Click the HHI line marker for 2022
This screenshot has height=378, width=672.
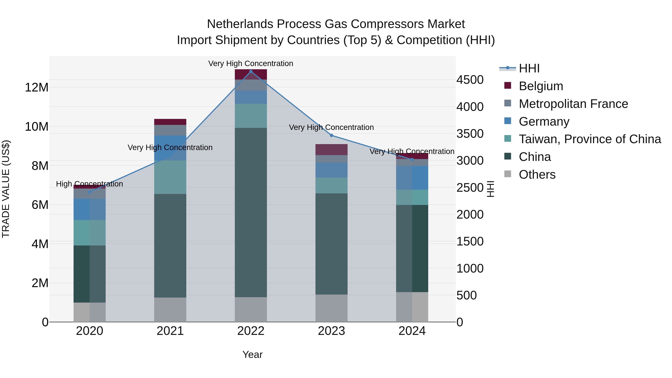coord(251,71)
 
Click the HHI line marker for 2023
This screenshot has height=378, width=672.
coord(331,135)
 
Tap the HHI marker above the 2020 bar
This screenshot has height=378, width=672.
coord(89,192)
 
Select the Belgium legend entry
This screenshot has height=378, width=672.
coord(541,86)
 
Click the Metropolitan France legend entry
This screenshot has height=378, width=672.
coord(573,104)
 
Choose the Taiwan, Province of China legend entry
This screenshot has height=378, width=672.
coord(589,139)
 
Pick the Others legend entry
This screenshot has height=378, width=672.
coord(537,175)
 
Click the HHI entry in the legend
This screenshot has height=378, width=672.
coord(529,68)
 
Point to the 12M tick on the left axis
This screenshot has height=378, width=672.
coord(37,87)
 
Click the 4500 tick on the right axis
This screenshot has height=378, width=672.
coord(470,80)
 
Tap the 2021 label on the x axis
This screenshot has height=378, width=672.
coord(170,331)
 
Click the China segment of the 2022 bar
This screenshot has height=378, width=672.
coord(251,212)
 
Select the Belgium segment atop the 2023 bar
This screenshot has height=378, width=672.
coord(331,150)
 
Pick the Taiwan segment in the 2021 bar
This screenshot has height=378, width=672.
coord(170,177)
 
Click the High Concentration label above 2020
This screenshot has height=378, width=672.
coord(89,184)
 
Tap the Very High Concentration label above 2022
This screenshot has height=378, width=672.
coord(251,63)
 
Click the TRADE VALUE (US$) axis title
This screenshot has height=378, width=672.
coord(6,189)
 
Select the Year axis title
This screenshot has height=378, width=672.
coord(252,354)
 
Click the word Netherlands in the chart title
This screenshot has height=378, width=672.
coord(240,24)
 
